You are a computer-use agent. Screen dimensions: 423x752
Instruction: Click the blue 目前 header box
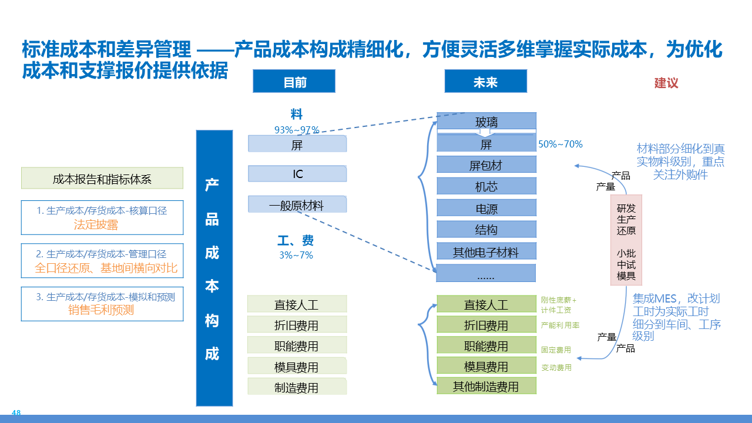(294, 82)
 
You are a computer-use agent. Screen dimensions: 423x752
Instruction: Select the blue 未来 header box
(485, 82)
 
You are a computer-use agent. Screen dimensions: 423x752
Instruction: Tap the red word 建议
(666, 83)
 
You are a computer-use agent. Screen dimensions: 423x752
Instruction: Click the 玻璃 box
(486, 122)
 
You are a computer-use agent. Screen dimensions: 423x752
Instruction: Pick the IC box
(297, 174)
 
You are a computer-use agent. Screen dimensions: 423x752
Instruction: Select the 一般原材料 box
(297, 205)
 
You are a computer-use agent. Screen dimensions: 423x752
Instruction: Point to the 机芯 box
(486, 186)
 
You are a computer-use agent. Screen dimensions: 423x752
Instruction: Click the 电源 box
(486, 208)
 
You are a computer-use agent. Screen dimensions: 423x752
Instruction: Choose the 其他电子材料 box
(486, 252)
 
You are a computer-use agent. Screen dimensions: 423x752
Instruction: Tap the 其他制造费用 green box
(486, 386)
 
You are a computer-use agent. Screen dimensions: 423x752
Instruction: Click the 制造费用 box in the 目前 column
(297, 387)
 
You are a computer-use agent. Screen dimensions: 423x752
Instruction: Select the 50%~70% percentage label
(560, 144)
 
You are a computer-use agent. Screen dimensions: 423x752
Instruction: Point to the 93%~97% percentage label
(297, 129)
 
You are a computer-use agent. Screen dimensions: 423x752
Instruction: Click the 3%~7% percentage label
(296, 255)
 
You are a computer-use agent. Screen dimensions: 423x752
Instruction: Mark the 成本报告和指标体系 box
(102, 179)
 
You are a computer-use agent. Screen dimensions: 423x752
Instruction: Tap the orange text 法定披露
(96, 224)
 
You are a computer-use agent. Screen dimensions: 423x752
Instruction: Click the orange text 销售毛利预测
(101, 310)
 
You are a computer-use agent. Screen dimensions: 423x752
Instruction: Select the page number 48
(16, 413)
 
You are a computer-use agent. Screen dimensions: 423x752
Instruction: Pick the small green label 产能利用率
(560, 325)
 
